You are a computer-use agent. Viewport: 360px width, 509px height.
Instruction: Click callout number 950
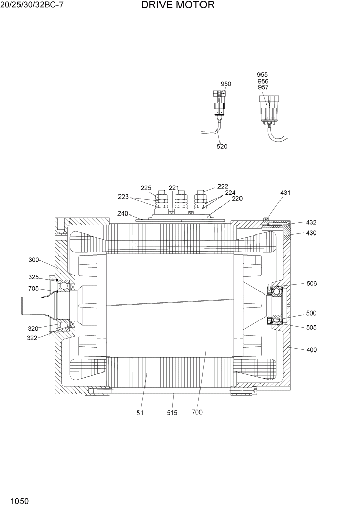pyautogui.click(x=226, y=84)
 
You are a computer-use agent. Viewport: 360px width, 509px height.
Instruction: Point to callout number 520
pyautogui.click(x=222, y=146)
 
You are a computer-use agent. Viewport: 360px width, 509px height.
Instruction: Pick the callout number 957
pyautogui.click(x=263, y=88)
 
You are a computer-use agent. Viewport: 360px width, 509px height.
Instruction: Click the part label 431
pyautogui.click(x=285, y=193)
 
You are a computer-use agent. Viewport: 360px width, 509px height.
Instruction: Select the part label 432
pyautogui.click(x=311, y=223)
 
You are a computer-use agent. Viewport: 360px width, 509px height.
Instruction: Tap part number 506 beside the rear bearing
pyautogui.click(x=311, y=283)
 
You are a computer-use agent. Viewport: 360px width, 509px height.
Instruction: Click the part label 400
pyautogui.click(x=311, y=350)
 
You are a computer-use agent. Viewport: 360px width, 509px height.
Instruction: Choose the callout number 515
pyautogui.click(x=172, y=413)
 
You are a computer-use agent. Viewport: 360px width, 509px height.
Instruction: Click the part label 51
pyautogui.click(x=140, y=413)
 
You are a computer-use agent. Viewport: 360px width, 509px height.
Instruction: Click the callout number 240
pyautogui.click(x=123, y=213)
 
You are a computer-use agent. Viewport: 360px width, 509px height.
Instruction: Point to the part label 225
pyautogui.click(x=146, y=188)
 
